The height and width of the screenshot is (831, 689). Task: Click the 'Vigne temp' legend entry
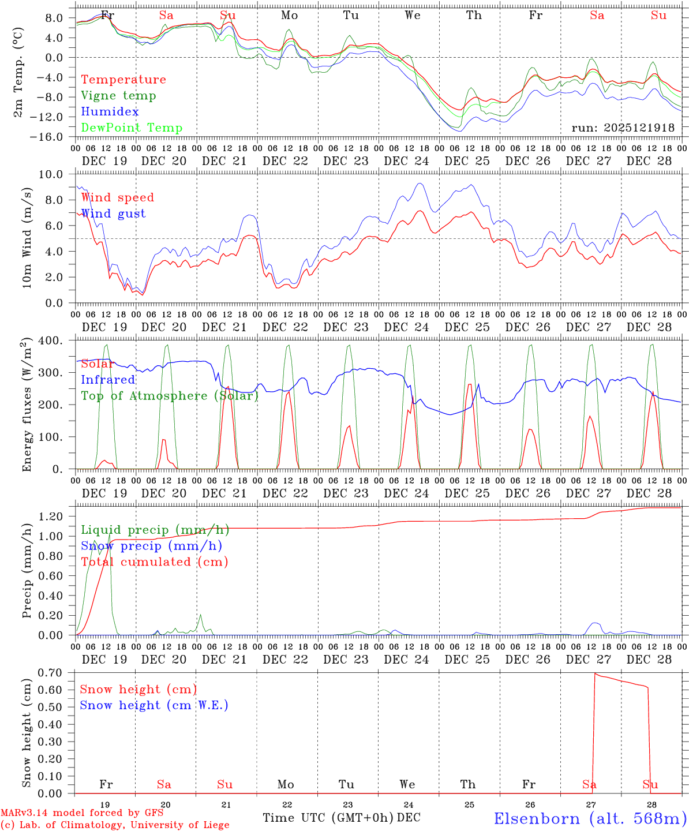(x=118, y=96)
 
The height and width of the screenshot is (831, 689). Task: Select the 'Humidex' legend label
(x=110, y=112)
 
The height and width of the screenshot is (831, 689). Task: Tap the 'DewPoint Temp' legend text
(x=132, y=128)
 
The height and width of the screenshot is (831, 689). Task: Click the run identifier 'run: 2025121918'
(x=623, y=128)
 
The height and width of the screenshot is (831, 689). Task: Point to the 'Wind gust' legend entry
(x=113, y=214)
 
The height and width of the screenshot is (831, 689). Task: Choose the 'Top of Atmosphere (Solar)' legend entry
(x=170, y=396)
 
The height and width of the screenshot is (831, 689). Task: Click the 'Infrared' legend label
(x=108, y=380)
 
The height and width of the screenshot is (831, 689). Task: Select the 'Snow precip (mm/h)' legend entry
(x=151, y=546)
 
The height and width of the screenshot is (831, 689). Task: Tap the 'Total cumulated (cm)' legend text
(x=155, y=562)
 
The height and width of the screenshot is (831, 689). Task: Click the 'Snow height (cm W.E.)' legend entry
(x=154, y=705)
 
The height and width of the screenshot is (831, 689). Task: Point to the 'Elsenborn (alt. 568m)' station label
(x=590, y=818)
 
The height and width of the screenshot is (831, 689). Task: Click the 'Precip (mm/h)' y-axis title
(x=27, y=571)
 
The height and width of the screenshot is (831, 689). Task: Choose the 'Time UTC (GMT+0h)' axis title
(x=328, y=818)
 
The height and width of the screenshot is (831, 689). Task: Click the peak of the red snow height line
(x=594, y=673)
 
